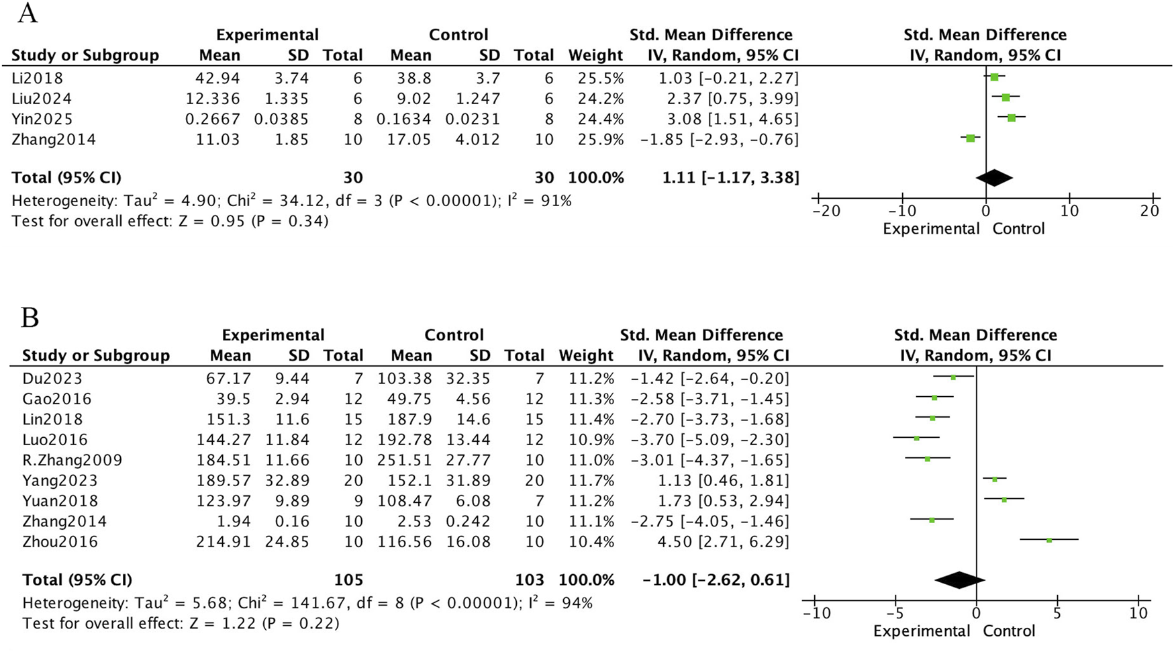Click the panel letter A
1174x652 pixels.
(x=27, y=13)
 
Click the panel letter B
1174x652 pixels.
(x=30, y=317)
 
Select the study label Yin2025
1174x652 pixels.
(x=42, y=119)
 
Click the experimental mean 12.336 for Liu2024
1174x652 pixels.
(x=212, y=99)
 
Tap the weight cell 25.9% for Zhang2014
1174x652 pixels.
(x=601, y=140)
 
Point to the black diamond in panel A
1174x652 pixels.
(x=994, y=178)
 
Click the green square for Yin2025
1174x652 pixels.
(x=1012, y=118)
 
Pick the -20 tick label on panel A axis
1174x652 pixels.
(x=826, y=211)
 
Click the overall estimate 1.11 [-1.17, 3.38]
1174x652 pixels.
(x=730, y=178)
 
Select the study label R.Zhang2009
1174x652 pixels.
(x=72, y=460)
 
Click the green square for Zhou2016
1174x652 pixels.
(x=1049, y=540)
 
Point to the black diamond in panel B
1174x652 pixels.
(x=959, y=579)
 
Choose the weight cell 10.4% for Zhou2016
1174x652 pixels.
(x=591, y=541)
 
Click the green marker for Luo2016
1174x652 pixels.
(x=916, y=438)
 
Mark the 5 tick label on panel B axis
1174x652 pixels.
(x=1057, y=613)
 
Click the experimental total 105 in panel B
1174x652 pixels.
(x=348, y=579)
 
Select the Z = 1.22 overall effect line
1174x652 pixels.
(x=181, y=623)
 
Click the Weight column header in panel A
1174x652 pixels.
(x=595, y=55)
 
